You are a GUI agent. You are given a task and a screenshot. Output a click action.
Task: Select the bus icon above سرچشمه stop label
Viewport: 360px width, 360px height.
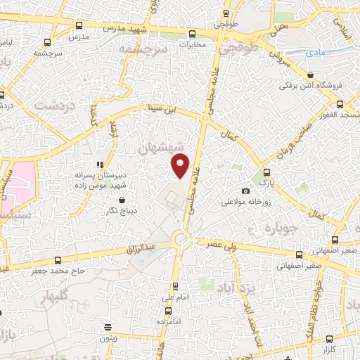pyautogui.click(x=47, y=41)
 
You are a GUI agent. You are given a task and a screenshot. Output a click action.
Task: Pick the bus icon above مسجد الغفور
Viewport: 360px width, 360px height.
pyautogui.click(x=341, y=103)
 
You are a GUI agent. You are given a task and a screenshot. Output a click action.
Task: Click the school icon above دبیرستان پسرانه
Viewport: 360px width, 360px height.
pyautogui.click(x=98, y=165)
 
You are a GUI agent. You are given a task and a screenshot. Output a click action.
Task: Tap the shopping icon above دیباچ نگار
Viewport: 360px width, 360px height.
pyautogui.click(x=112, y=200)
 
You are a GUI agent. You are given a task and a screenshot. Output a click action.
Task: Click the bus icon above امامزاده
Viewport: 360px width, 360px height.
pyautogui.click(x=176, y=287)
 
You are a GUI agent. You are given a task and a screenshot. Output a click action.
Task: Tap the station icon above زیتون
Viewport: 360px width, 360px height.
pyautogui.click(x=108, y=326)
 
